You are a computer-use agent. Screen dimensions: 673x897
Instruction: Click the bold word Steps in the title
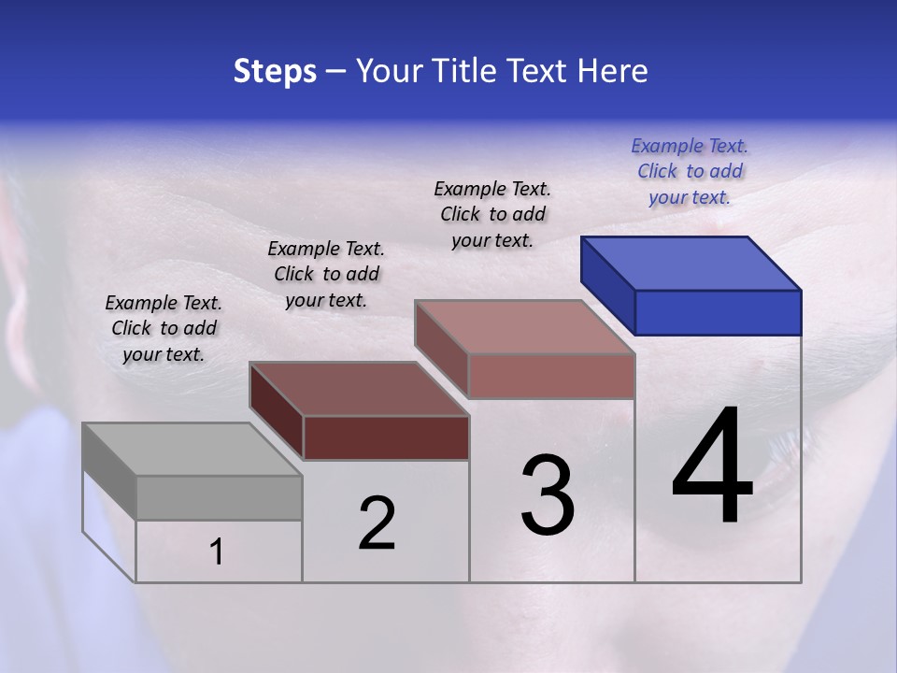coord(275,71)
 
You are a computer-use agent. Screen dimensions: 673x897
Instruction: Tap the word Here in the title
coord(613,71)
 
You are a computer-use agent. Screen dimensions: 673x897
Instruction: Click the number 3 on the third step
coord(548,495)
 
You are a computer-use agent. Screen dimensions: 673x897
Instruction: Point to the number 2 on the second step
coord(377,523)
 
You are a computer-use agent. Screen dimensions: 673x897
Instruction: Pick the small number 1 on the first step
coord(217,552)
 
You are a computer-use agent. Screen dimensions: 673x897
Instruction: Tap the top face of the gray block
coord(191,450)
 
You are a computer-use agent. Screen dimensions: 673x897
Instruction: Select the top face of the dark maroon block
coord(358,389)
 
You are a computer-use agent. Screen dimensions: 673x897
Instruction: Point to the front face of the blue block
coord(718,312)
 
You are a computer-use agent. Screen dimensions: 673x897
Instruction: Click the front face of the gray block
coord(219,497)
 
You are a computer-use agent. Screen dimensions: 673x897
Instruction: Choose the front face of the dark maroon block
coord(386,437)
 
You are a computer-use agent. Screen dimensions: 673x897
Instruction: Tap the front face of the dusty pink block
coord(551,376)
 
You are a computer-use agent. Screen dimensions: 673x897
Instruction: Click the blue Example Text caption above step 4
coord(690,171)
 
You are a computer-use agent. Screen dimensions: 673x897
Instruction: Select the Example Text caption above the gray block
coord(164,328)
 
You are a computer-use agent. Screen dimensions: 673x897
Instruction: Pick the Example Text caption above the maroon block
coord(326,274)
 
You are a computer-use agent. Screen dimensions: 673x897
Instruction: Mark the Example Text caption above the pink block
coord(492,214)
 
